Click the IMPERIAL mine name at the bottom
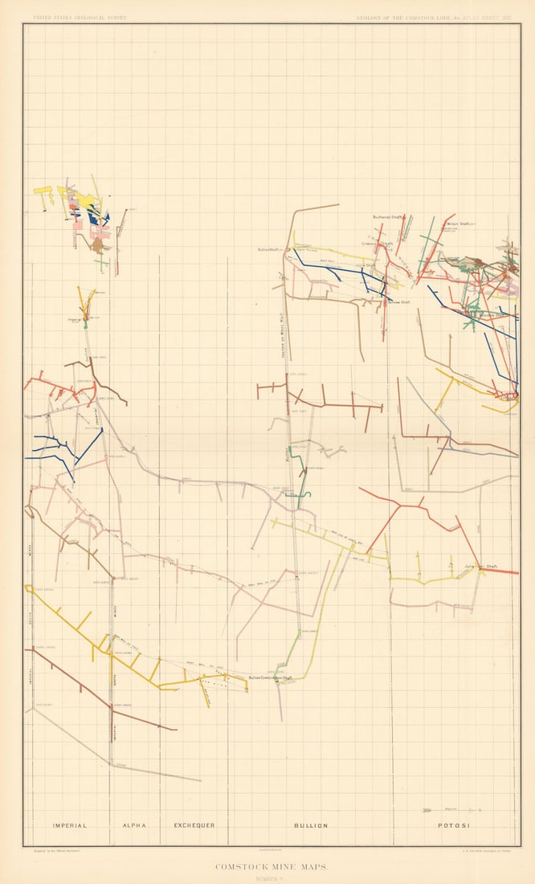(x=69, y=825)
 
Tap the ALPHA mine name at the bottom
(x=133, y=825)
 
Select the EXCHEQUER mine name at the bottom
(x=194, y=825)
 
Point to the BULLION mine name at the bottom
(x=310, y=825)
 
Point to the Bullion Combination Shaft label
(x=270, y=677)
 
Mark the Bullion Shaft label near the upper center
(x=268, y=249)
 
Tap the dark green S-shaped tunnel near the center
(x=302, y=482)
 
